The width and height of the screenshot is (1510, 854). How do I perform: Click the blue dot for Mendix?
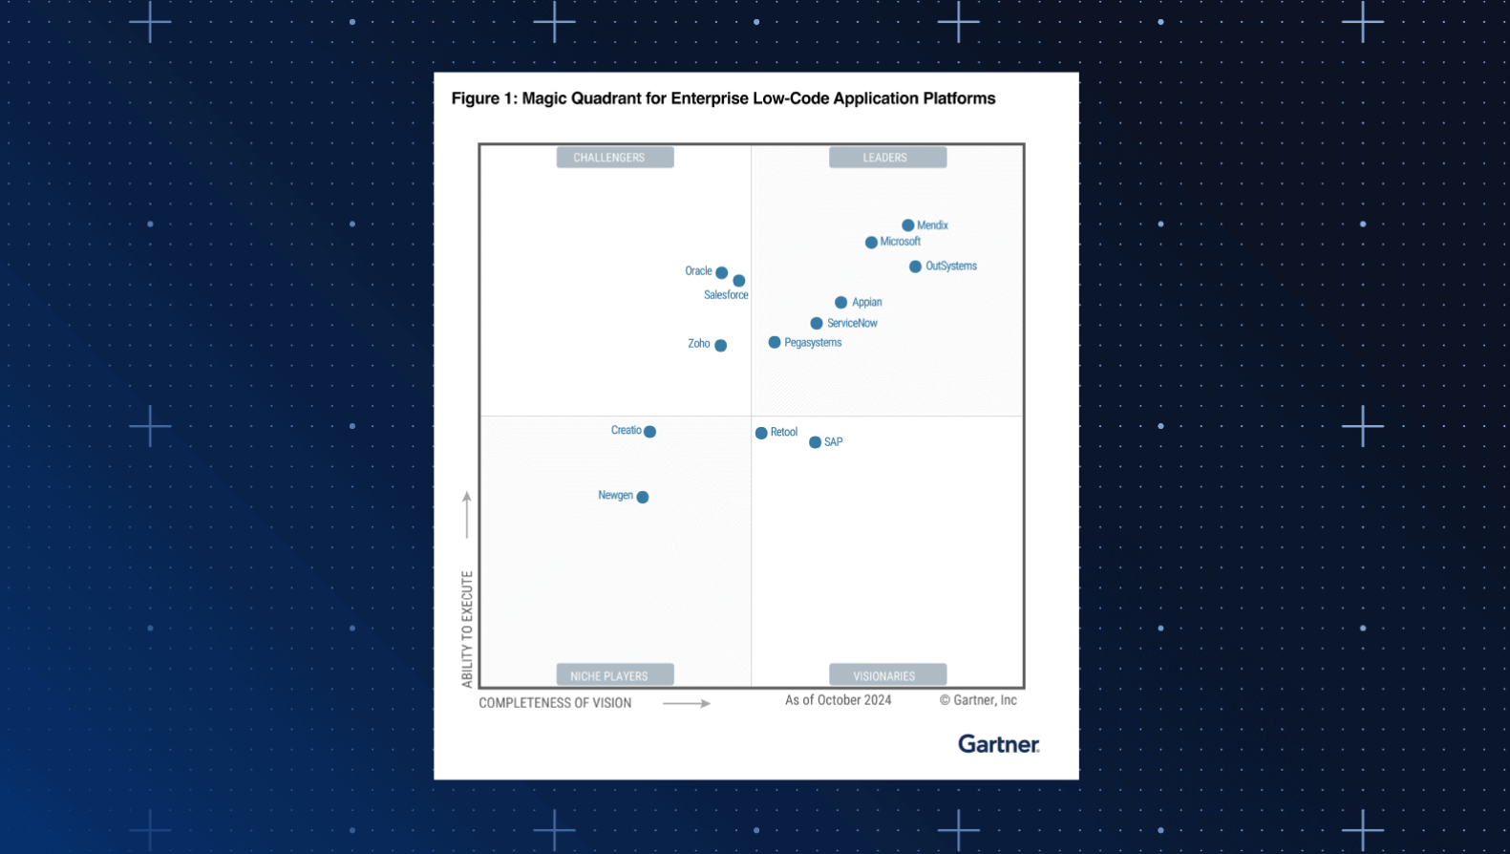coord(907,225)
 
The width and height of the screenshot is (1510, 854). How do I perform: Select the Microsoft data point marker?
coord(871,243)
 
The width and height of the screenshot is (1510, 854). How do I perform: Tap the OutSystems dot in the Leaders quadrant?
coord(915,267)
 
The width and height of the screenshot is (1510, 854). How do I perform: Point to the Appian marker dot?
coord(840,303)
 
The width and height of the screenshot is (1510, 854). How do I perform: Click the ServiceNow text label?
coord(852,324)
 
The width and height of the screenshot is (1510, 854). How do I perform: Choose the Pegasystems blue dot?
coord(775,342)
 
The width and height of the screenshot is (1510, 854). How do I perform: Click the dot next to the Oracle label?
coord(722,273)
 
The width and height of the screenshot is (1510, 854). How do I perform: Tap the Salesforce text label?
coord(726,295)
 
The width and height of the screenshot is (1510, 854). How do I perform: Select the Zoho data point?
coord(721,346)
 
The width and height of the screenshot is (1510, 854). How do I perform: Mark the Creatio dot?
coord(650,432)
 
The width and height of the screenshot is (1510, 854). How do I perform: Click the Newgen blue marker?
coord(643,497)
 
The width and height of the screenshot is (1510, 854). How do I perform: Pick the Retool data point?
coord(761,433)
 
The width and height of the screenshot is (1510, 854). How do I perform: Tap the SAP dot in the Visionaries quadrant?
coord(815,442)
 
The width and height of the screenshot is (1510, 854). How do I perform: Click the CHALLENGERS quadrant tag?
coord(615,158)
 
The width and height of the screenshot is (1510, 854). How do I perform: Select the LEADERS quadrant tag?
coord(887,158)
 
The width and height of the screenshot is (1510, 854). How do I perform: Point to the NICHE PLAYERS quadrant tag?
coord(615,675)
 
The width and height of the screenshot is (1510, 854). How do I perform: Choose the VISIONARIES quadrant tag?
coord(887,675)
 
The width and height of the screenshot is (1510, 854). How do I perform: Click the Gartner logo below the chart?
coord(998,744)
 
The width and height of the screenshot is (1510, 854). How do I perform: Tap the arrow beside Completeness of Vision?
coord(687,703)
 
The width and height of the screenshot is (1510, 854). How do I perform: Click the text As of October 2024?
coord(838,700)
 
